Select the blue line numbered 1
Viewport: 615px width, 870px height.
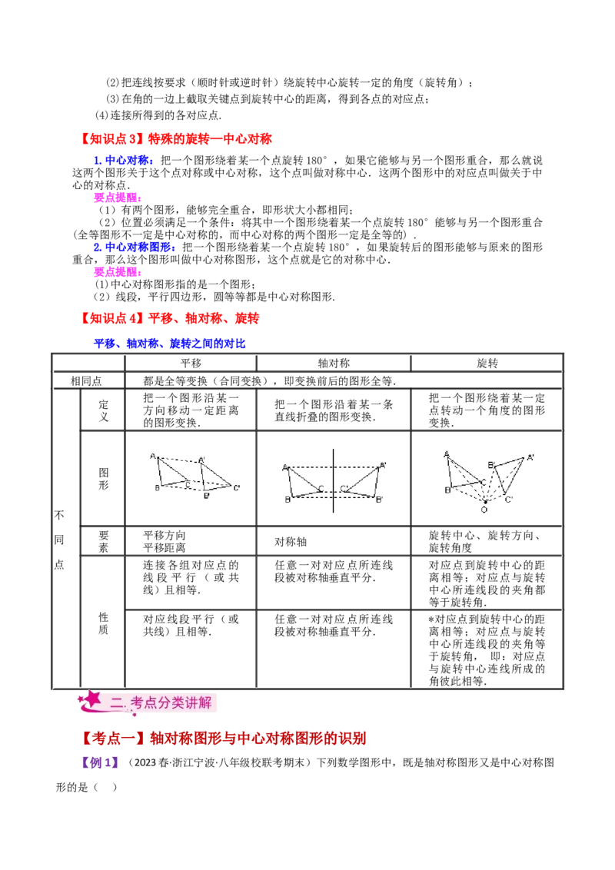[x=123, y=161]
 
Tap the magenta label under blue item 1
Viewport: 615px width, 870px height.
[x=117, y=198]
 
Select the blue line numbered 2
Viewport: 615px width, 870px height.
[x=135, y=247]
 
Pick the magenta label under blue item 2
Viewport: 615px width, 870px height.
[x=117, y=271]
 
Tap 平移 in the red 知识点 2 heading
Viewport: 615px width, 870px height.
[x=158, y=317]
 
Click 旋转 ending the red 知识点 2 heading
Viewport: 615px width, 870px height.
[x=248, y=317]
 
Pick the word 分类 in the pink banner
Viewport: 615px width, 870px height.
[x=171, y=702]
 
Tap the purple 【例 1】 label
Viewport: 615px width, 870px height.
[x=101, y=763]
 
